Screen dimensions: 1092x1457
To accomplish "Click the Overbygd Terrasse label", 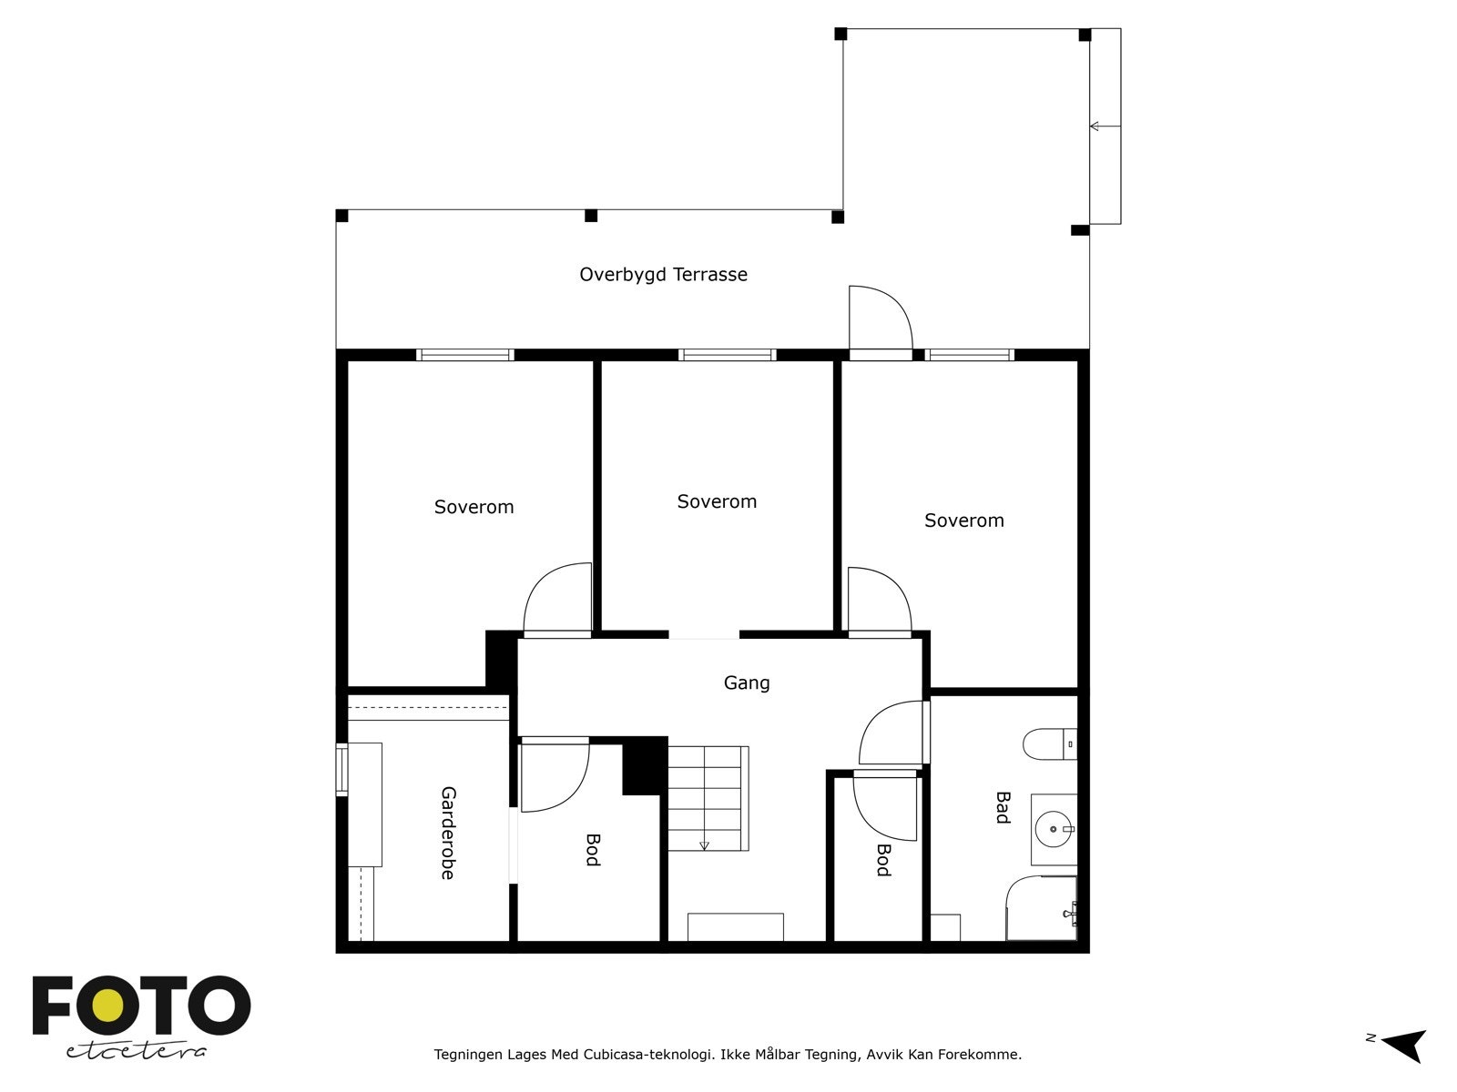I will click(x=663, y=275).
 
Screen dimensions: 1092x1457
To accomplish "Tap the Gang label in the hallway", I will click(x=746, y=682).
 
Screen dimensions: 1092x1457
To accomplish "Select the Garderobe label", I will click(x=447, y=833).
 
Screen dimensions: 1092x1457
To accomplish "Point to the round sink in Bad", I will click(x=1055, y=829).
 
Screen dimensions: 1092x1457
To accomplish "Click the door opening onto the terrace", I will click(x=880, y=323).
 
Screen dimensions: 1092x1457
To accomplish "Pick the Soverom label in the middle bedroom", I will click(x=717, y=501).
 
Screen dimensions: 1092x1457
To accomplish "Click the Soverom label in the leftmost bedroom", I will click(x=474, y=507).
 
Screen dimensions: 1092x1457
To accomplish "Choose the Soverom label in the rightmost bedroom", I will click(x=963, y=521).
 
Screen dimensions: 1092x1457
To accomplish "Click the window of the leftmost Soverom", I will click(x=465, y=355).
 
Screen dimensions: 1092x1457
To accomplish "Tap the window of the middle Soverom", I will click(x=727, y=355).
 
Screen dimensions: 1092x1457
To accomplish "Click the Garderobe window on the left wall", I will click(x=342, y=770).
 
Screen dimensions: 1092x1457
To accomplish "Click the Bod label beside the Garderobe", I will click(x=592, y=850).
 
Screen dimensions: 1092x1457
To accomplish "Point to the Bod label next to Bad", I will click(x=882, y=860).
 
